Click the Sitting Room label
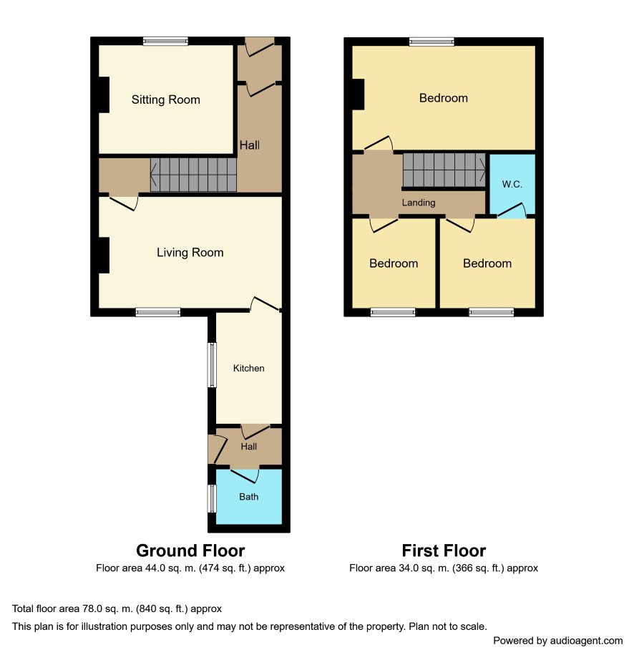[x=166, y=100]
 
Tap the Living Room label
[x=190, y=252]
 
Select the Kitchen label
[x=248, y=368]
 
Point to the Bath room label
[x=248, y=497]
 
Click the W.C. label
[x=512, y=184]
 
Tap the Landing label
[x=419, y=203]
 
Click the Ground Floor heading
[x=190, y=550]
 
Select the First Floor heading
[x=444, y=550]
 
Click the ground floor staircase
[x=193, y=175]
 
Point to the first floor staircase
[x=444, y=170]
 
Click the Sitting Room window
[x=165, y=41]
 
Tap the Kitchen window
[x=213, y=365]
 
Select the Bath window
[x=213, y=498]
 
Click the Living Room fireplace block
[x=104, y=256]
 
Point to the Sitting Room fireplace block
[x=104, y=94]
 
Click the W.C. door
[x=512, y=210]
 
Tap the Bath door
[x=245, y=476]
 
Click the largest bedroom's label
[x=444, y=98]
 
